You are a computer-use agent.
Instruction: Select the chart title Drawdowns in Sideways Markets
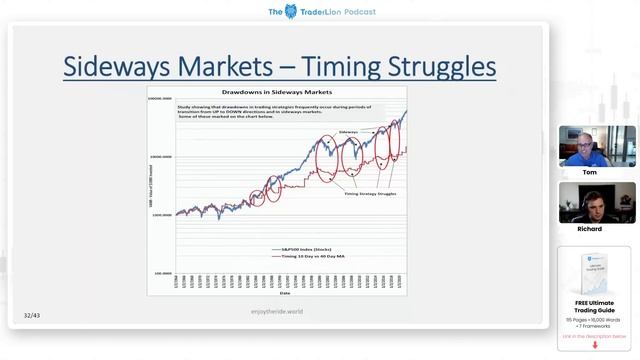(x=278, y=92)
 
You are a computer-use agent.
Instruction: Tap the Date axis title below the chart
(x=285, y=292)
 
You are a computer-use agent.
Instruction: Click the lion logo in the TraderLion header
(x=291, y=11)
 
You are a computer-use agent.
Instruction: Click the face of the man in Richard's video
(x=592, y=201)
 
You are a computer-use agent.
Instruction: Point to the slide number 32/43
(x=32, y=316)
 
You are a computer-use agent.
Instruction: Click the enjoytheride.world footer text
(x=277, y=312)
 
